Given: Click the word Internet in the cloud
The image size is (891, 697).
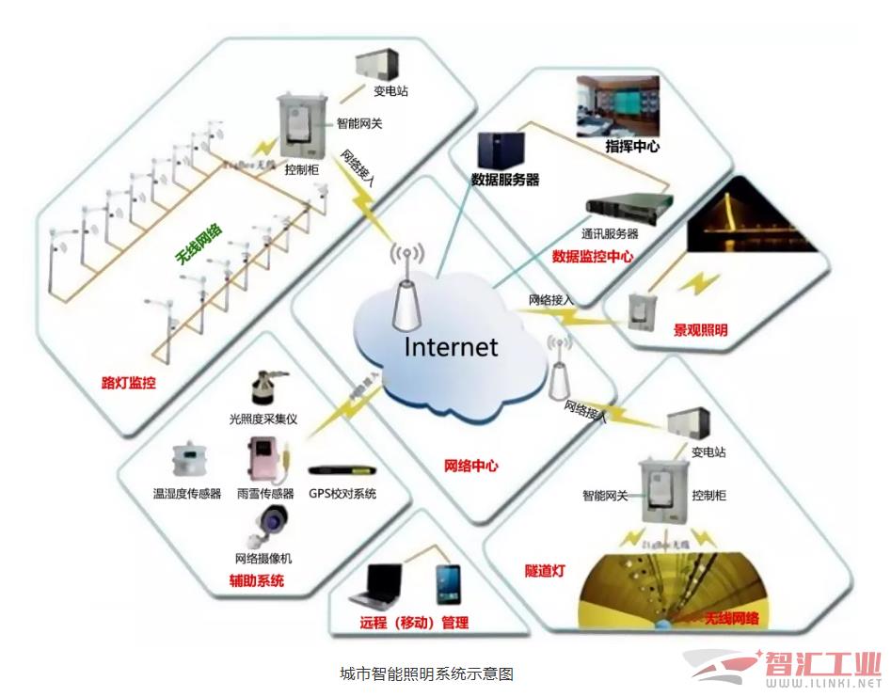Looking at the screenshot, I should [x=451, y=346].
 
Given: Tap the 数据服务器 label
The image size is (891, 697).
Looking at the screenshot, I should [x=505, y=180].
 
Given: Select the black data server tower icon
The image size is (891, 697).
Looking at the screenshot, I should [x=501, y=150].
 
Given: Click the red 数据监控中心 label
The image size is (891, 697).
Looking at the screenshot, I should [x=592, y=256].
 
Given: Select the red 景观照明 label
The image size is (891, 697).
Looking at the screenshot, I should [x=700, y=330].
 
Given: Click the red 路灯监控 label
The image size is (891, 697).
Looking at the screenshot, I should [x=128, y=383].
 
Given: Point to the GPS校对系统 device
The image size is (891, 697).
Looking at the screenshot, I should [x=342, y=469].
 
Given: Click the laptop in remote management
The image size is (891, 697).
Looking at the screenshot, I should [x=378, y=587].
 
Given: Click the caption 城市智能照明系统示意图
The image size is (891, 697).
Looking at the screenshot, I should [x=426, y=674].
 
